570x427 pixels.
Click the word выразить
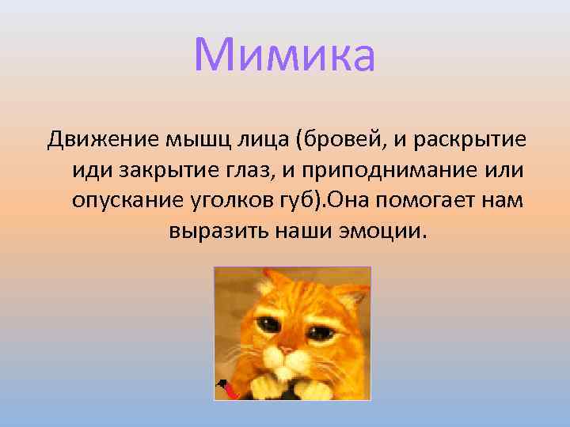click(218, 231)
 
